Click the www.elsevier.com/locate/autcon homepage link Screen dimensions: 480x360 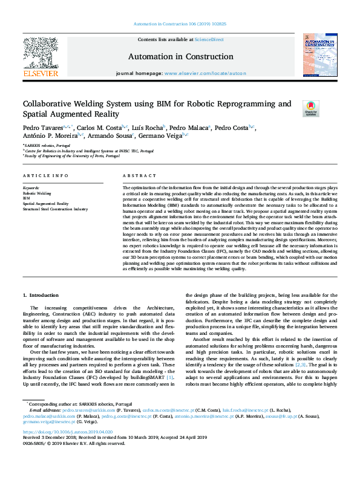[205, 73]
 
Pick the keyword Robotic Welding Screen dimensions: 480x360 [37, 192]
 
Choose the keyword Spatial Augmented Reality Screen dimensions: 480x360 [46, 204]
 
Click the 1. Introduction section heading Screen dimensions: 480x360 [42, 294]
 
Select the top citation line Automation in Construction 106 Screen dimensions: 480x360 [180, 24]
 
